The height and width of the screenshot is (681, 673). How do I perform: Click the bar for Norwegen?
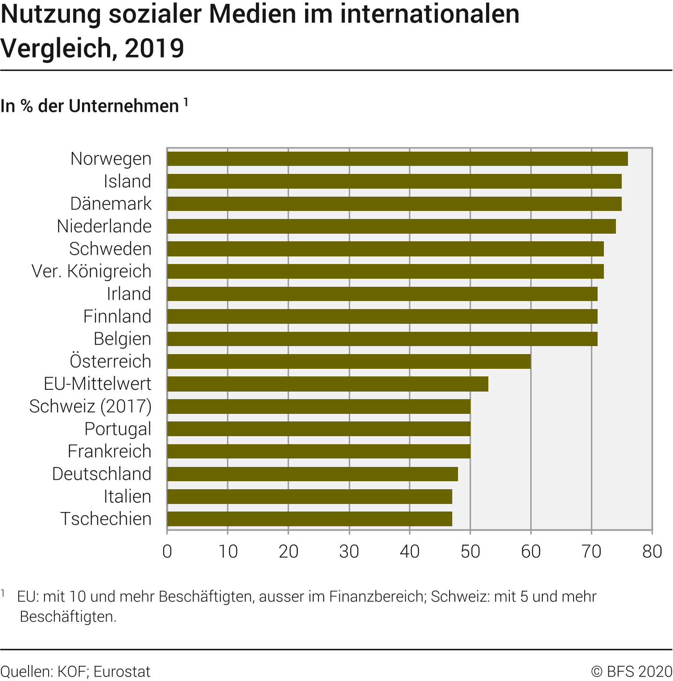pyautogui.click(x=397, y=159)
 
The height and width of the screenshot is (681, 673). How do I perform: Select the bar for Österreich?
pyautogui.click(x=349, y=361)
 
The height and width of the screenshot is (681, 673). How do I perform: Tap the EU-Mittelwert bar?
pyautogui.click(x=328, y=384)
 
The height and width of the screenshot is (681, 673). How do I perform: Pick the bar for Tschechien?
pyautogui.click(x=310, y=519)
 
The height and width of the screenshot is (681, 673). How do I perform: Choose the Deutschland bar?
pyautogui.click(x=313, y=474)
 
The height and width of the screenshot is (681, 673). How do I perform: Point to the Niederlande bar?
pyautogui.click(x=392, y=226)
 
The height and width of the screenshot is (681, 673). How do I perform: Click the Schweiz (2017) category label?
pyautogui.click(x=90, y=406)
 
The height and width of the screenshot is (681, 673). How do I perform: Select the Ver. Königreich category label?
pyautogui.click(x=91, y=271)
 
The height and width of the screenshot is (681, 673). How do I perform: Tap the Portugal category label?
pyautogui.click(x=118, y=429)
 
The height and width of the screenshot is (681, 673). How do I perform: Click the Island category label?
pyautogui.click(x=127, y=181)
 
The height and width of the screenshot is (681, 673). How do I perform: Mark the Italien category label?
pyautogui.click(x=127, y=496)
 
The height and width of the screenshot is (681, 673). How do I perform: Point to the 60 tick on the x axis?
pyautogui.click(x=531, y=552)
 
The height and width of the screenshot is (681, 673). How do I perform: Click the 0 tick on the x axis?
pyautogui.click(x=167, y=552)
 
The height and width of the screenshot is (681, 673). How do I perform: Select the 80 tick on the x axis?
pyautogui.click(x=652, y=552)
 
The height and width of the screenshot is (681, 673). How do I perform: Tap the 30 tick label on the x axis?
pyautogui.click(x=349, y=552)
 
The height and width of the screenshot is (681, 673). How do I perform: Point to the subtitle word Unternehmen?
pyautogui.click(x=124, y=106)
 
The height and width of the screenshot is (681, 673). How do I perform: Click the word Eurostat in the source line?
pyautogui.click(x=122, y=672)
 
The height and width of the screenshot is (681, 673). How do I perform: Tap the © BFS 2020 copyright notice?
pyautogui.click(x=632, y=672)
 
